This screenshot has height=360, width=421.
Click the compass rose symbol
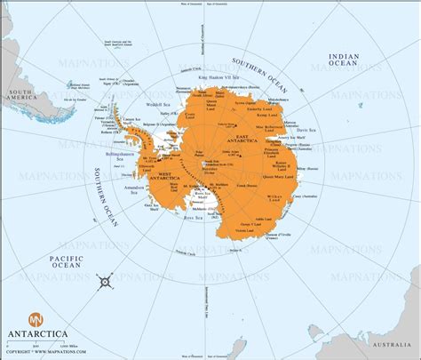pos(106,282)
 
